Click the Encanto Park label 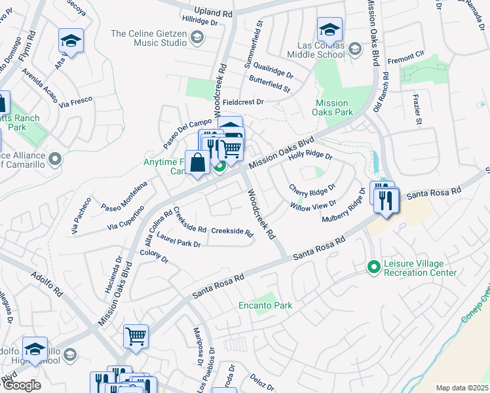[x=265, y=306]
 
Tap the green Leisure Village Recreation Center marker [x=373, y=267]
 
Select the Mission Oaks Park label [x=331, y=108]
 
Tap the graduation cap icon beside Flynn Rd [x=71, y=42]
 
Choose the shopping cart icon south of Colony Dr [x=136, y=337]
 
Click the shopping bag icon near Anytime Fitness [x=197, y=162]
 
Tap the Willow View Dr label [x=314, y=205]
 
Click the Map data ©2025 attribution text [x=462, y=388]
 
